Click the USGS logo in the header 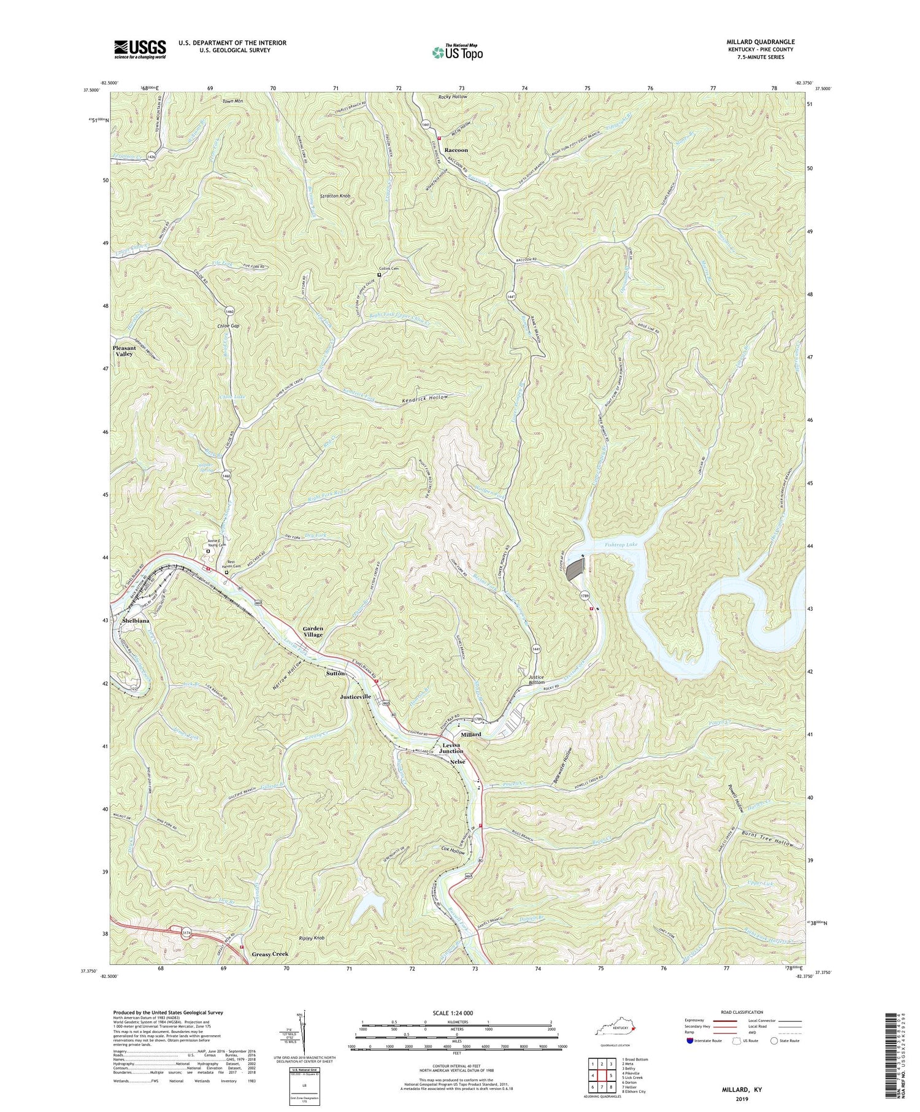point(140,49)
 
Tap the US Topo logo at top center point(457,52)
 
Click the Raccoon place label point(456,150)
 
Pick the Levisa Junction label point(451,748)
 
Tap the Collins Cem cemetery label point(389,269)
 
